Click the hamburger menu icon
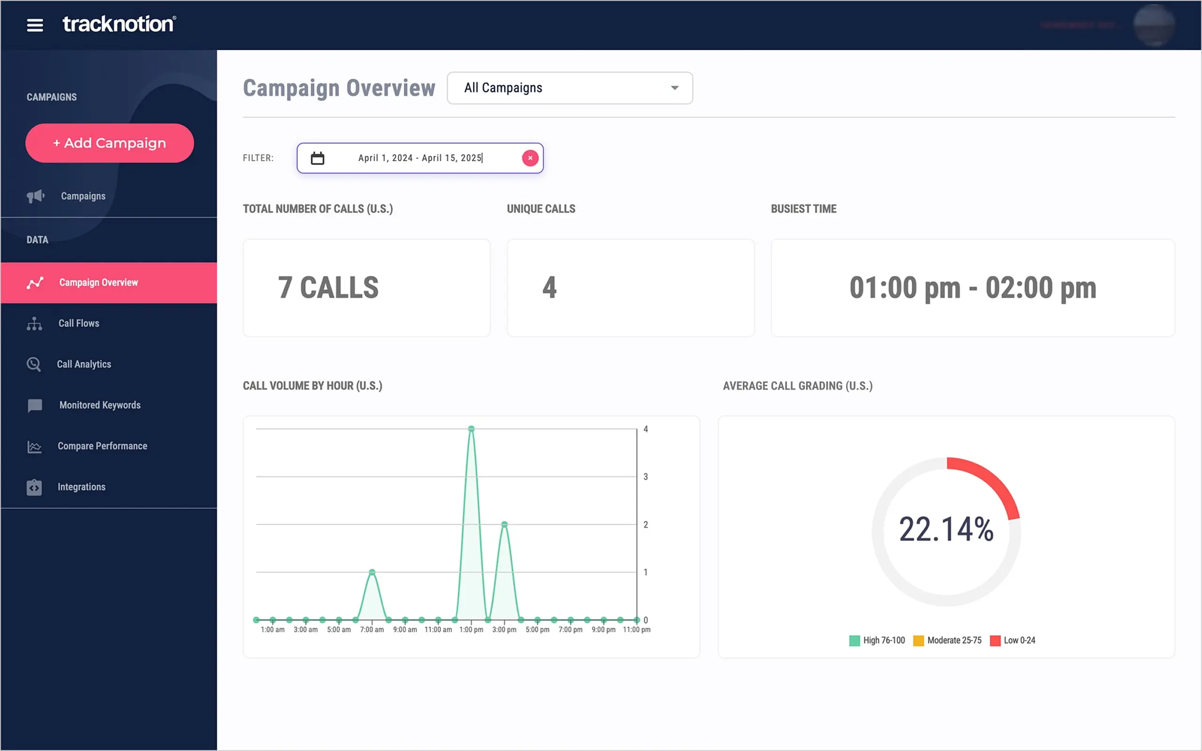point(35,25)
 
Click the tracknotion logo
point(119,24)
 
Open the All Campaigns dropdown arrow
point(674,88)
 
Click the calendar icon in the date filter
point(317,159)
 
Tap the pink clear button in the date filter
point(530,158)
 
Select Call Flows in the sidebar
point(78,323)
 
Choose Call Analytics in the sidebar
point(84,364)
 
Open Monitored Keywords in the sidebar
point(100,405)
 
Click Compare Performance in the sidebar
point(102,446)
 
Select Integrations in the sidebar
point(81,487)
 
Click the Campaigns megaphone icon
point(35,196)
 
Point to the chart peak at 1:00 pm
point(471,429)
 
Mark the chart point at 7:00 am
point(372,572)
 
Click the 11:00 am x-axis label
point(438,630)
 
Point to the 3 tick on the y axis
point(645,477)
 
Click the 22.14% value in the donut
point(946,529)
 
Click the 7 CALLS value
point(328,288)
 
